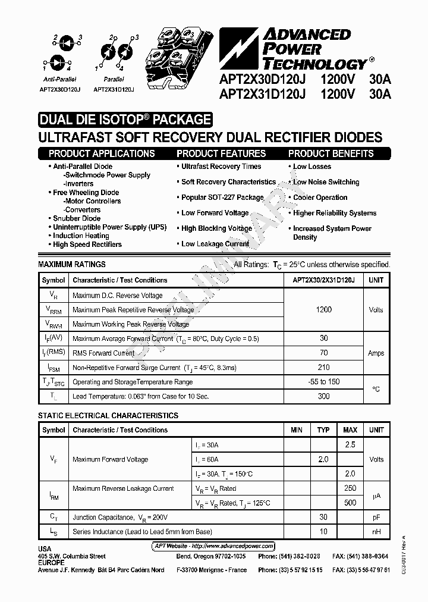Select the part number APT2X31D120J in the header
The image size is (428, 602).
(x=262, y=93)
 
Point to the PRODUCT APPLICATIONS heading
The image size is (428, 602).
(x=102, y=153)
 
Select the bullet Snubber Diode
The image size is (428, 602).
(x=77, y=218)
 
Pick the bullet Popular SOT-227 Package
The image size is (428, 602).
(x=222, y=197)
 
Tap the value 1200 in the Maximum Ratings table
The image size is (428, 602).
(x=324, y=310)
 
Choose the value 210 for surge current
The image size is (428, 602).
(x=324, y=368)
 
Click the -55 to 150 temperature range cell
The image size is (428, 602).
(x=324, y=382)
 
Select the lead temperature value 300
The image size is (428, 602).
(x=324, y=396)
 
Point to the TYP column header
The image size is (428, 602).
(x=323, y=430)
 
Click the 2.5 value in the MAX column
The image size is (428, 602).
(x=350, y=445)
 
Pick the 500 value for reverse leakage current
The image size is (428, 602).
(x=350, y=503)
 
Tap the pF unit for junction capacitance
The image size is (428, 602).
(x=376, y=518)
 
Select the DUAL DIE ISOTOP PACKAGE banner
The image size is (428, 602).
(x=125, y=120)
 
